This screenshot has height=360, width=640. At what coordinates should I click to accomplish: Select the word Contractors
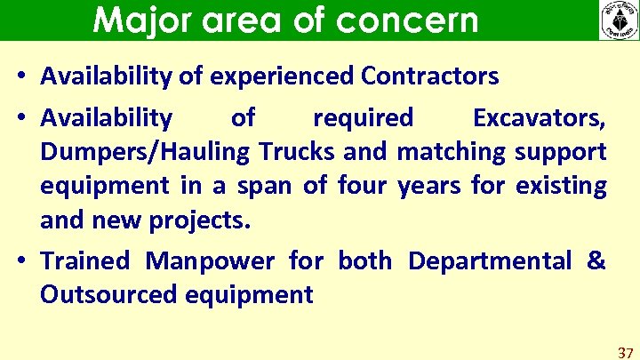tap(430, 76)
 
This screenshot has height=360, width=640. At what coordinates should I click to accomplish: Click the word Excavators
tap(540, 117)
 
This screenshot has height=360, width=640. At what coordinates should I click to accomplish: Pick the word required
tap(364, 117)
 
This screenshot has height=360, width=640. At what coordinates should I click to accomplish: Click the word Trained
tap(85, 260)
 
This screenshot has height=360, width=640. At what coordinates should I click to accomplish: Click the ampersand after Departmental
tap(596, 260)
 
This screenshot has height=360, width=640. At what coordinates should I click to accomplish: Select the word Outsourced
tap(108, 295)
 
